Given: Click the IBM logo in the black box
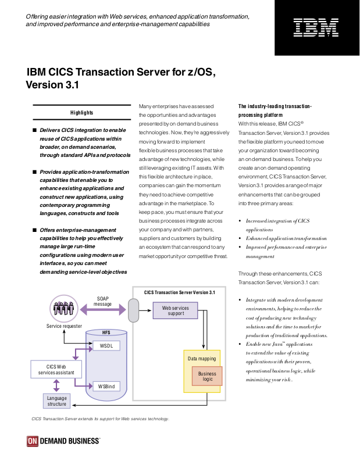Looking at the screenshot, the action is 316,27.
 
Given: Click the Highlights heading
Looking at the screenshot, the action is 81,113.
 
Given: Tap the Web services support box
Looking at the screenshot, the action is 176,310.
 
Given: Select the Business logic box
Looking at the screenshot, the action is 207,376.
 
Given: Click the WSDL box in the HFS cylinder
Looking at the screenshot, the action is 106,346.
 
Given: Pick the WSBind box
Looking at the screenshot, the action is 106,387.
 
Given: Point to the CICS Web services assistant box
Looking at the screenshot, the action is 56,370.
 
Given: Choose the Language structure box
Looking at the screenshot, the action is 56,401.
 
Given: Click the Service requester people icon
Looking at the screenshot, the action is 64,309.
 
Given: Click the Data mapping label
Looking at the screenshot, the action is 202,359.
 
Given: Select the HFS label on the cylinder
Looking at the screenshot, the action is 106,332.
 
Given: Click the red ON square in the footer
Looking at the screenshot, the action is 33,441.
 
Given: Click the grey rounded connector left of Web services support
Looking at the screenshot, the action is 134,310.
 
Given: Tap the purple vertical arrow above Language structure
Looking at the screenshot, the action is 56,385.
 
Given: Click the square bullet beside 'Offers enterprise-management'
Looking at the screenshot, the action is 34,230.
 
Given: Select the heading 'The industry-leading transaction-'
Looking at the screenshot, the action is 275,106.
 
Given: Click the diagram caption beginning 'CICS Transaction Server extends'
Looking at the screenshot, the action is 100,419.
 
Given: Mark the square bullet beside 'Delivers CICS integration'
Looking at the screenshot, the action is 34,130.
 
